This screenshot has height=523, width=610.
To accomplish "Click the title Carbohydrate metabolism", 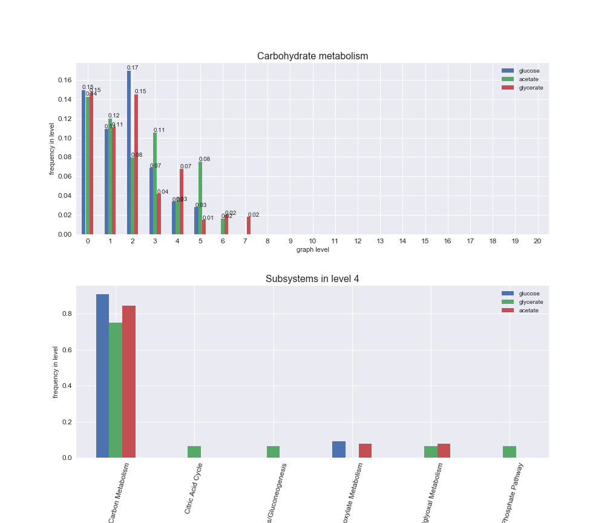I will coord(312,56).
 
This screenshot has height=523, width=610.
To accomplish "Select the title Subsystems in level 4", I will coord(312,279).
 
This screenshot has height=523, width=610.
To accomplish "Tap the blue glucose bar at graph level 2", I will coord(129,153).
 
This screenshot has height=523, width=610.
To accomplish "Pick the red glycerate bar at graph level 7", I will coord(248,226).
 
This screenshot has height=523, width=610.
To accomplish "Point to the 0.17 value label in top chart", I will coord(133,68).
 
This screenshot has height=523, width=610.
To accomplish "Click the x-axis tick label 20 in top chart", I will coord(537,241).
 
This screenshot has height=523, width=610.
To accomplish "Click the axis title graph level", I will coord(312,249).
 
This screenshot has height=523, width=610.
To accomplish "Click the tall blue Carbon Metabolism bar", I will coord(102,376).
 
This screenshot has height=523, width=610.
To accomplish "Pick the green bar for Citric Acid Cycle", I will coord(194,452).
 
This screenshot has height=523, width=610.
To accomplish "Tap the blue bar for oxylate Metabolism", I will coord(339,449).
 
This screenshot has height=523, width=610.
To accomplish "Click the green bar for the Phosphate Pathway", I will coord(510,452).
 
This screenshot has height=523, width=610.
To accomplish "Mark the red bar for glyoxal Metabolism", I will coord(444,450).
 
